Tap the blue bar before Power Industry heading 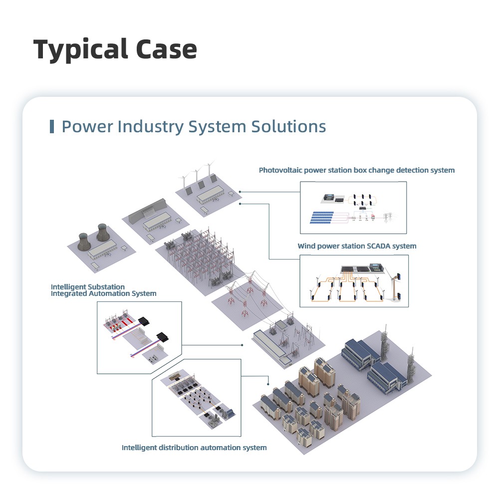coord(52,126)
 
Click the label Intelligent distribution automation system coord(194,448)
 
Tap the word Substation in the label coord(106,287)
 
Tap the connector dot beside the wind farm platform coord(240,191)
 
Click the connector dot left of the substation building coord(242,345)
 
